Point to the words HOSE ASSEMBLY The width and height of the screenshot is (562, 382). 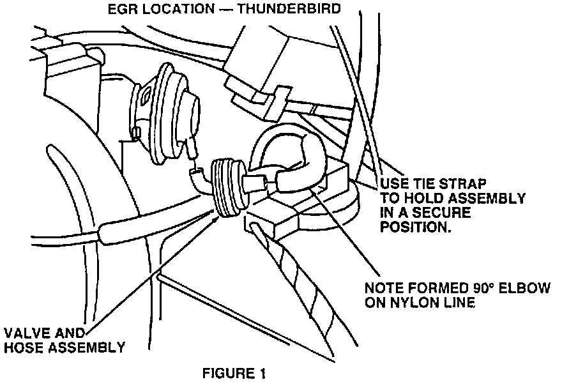pyautogui.click(x=65, y=348)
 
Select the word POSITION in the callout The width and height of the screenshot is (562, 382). pyautogui.click(x=415, y=227)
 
